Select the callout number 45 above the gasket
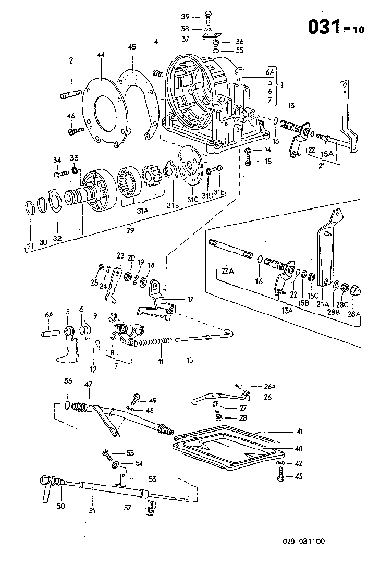[x=132, y=47]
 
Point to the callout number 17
[x=190, y=299]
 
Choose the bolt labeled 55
[x=106, y=452]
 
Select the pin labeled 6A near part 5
[x=48, y=332]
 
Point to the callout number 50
[x=61, y=505]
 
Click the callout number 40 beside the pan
[x=298, y=449]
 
